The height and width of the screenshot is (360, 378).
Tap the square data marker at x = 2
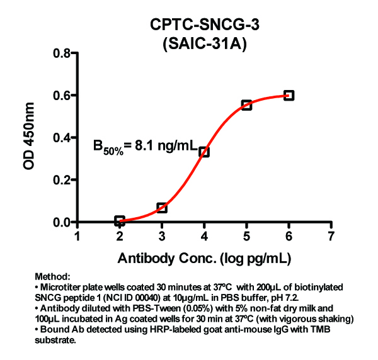(x=120, y=221)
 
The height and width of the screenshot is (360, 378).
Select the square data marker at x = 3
(x=162, y=207)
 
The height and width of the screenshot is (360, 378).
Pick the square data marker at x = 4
(x=204, y=152)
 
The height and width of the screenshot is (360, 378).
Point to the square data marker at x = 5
(x=246, y=104)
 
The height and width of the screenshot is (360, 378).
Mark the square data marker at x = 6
(x=289, y=95)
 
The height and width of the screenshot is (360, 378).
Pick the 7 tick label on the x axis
(x=331, y=237)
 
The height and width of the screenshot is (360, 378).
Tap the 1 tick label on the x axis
(x=77, y=237)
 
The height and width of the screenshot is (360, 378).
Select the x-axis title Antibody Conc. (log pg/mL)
(x=204, y=257)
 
